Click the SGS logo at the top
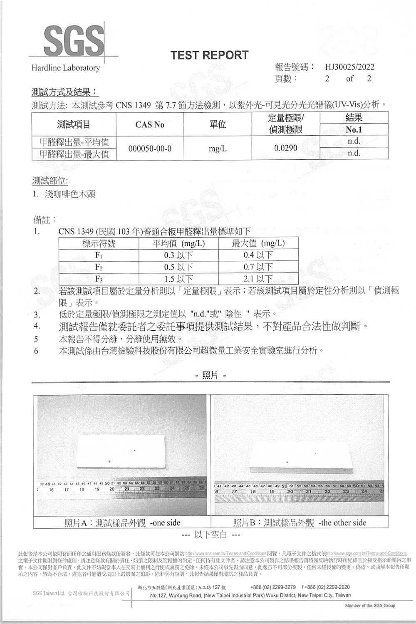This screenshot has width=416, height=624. tap(74, 40)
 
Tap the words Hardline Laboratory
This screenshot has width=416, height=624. tap(66, 68)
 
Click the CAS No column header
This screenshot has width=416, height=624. tap(150, 125)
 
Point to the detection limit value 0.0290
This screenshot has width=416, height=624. tap(286, 148)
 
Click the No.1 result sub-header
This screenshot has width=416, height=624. tap(354, 130)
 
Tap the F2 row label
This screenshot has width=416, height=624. tap(99, 267)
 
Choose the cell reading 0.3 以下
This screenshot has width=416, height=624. tap(178, 255)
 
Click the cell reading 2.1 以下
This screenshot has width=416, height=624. tap(258, 278)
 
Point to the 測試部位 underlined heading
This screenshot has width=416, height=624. tap(50, 181)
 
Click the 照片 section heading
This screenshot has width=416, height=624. tap(210, 376)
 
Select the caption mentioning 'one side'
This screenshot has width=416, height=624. tap(122, 522)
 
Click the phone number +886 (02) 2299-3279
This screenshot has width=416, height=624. tap(273, 587)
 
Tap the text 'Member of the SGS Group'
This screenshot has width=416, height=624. tap(370, 605)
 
